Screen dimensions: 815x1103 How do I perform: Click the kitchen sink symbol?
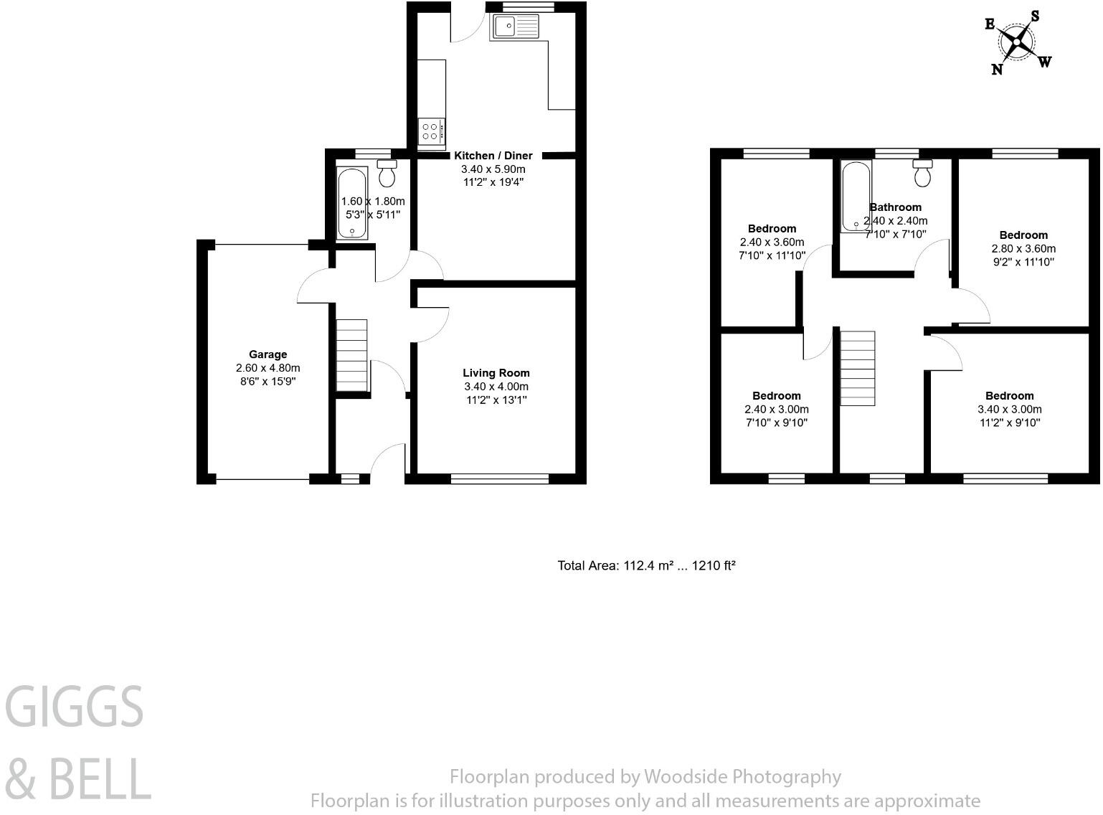[514, 27]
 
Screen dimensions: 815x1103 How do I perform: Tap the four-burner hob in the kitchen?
[430, 131]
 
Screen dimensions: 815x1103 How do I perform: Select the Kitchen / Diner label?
[493, 156]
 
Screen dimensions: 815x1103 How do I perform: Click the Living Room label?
[496, 373]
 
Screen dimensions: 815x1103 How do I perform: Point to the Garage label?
[268, 354]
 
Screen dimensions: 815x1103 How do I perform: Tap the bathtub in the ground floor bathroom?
[351, 202]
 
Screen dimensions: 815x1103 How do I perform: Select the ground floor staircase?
[351, 355]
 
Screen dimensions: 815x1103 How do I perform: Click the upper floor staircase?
[858, 368]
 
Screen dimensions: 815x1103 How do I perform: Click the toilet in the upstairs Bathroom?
[922, 173]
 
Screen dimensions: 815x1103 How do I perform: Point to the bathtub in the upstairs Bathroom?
[855, 196]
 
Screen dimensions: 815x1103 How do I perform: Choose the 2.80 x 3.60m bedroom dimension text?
[1023, 249]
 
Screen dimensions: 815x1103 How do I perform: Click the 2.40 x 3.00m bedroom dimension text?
[776, 410]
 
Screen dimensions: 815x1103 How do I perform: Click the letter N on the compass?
[997, 69]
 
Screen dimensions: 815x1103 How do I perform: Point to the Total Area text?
[646, 565]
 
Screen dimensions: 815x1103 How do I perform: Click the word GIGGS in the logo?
[75, 707]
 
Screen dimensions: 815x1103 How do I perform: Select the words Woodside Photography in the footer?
[742, 776]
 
